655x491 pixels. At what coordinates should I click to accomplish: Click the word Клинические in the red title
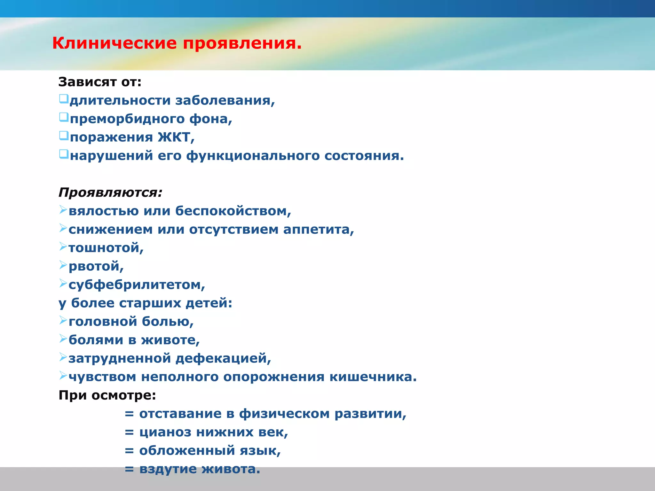pos(114,43)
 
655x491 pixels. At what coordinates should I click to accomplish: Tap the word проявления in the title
pos(242,43)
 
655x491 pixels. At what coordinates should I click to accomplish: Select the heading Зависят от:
pos(100,82)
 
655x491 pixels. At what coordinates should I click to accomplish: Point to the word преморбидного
pos(127,119)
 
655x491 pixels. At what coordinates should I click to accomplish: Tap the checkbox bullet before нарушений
pos(64,154)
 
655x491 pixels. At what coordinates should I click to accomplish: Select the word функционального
pos(253,156)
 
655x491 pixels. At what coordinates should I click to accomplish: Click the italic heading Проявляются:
pos(111,192)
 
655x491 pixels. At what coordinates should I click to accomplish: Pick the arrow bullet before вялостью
pos(63,210)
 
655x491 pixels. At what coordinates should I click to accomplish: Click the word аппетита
pos(318,230)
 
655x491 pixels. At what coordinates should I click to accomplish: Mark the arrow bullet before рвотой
pos(63,265)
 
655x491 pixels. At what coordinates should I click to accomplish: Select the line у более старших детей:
pos(145,303)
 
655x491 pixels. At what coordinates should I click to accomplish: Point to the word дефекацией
pos(223,358)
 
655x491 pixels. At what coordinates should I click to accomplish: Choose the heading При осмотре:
pos(107,395)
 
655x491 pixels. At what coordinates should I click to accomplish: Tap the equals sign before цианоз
pos(129,432)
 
